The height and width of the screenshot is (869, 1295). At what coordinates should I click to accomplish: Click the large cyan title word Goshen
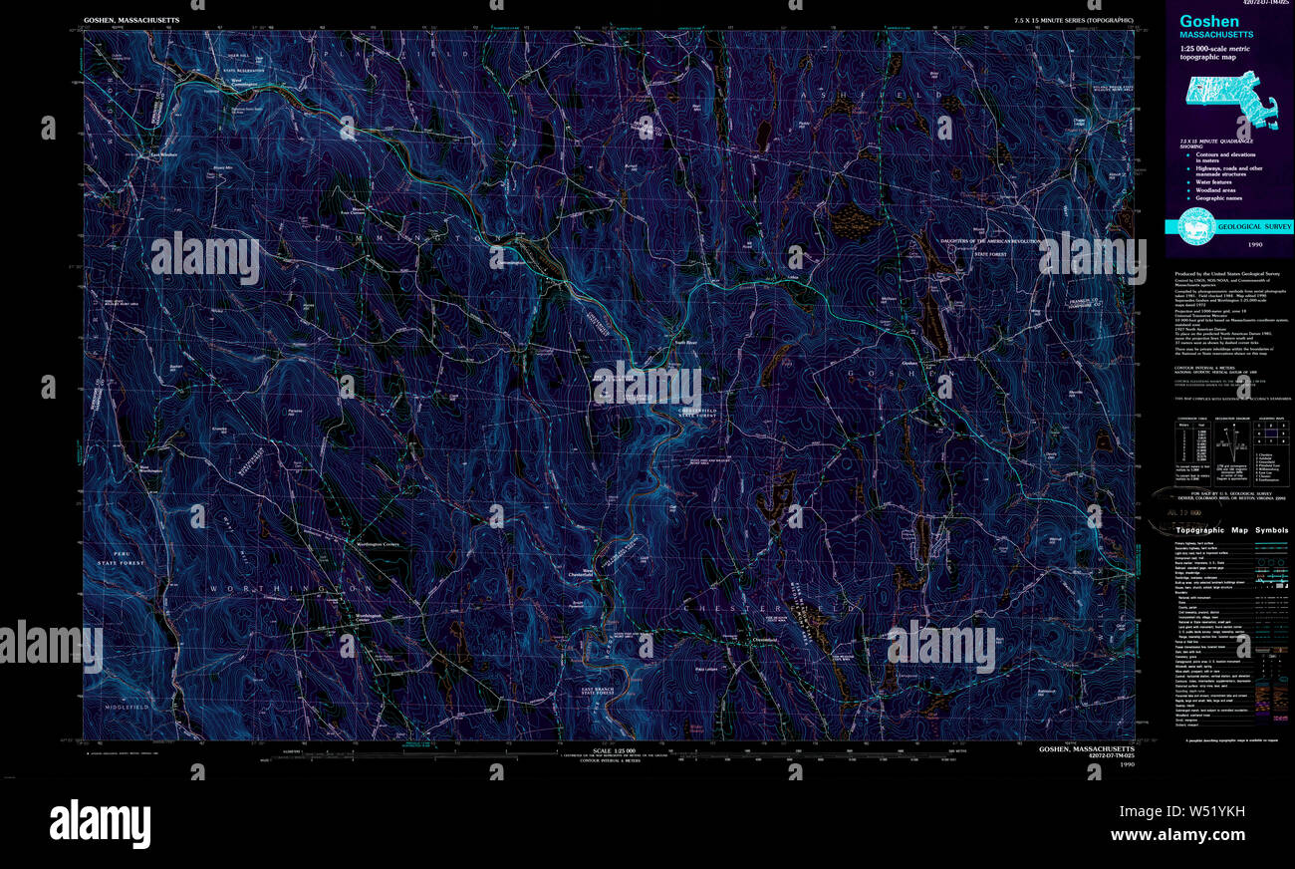[1209, 21]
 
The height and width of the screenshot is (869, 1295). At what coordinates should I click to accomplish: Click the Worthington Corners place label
[370, 544]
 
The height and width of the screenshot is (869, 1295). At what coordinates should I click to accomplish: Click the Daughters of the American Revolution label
[991, 242]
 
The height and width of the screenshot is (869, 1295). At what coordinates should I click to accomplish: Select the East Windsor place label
[162, 155]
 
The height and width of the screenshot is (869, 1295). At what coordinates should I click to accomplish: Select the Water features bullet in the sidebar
[1214, 182]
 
